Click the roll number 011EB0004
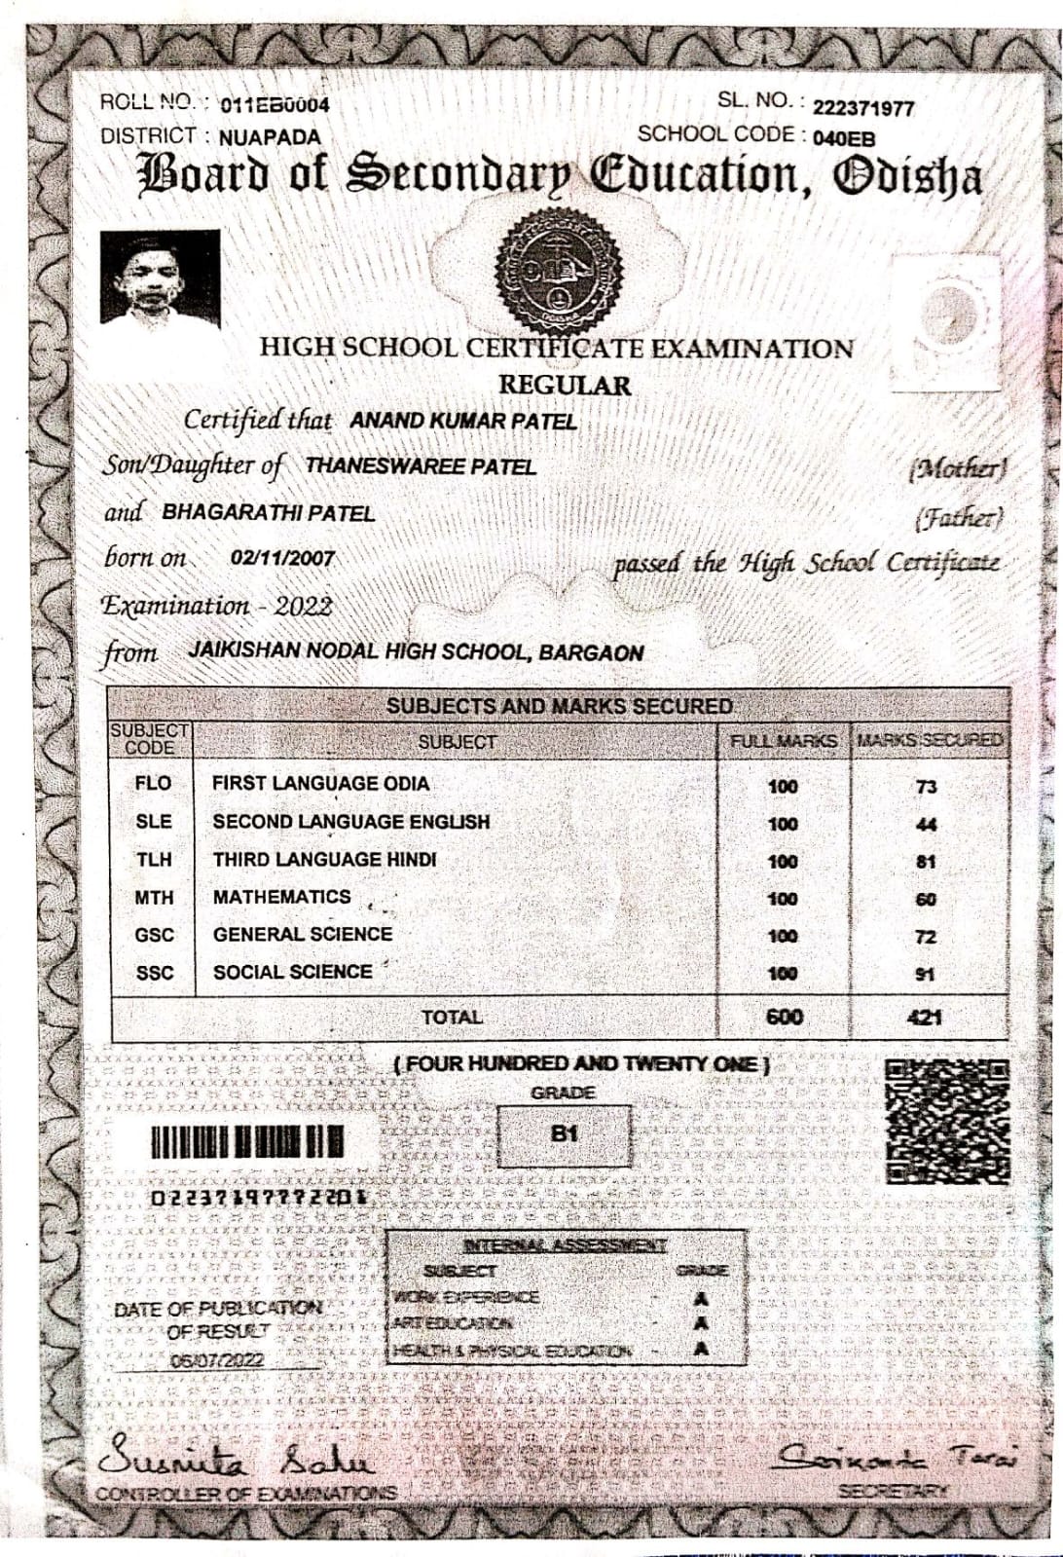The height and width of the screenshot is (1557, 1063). [x=275, y=105]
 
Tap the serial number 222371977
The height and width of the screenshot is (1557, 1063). [x=863, y=108]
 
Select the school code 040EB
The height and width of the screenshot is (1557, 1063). [x=843, y=138]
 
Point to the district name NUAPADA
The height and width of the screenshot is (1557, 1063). [x=270, y=137]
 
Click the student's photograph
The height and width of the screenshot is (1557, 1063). [x=160, y=278]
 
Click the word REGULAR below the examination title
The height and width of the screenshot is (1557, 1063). [x=565, y=386]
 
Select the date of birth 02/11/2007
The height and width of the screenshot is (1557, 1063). [x=282, y=559]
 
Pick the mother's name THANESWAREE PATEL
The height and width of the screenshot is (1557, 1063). [x=421, y=466]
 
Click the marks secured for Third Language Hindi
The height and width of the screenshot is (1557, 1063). [x=926, y=862]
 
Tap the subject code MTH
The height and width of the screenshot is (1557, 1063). [x=154, y=898]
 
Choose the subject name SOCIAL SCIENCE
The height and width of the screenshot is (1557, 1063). [x=292, y=972]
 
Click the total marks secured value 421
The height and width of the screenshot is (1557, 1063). [x=924, y=1018]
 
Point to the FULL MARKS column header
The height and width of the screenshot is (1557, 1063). [x=784, y=741]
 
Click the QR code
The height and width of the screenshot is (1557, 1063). [x=947, y=1121]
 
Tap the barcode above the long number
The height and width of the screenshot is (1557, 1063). [x=246, y=1142]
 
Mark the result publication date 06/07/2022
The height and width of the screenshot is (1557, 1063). [x=217, y=1360]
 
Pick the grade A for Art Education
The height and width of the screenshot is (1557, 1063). [x=701, y=1323]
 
